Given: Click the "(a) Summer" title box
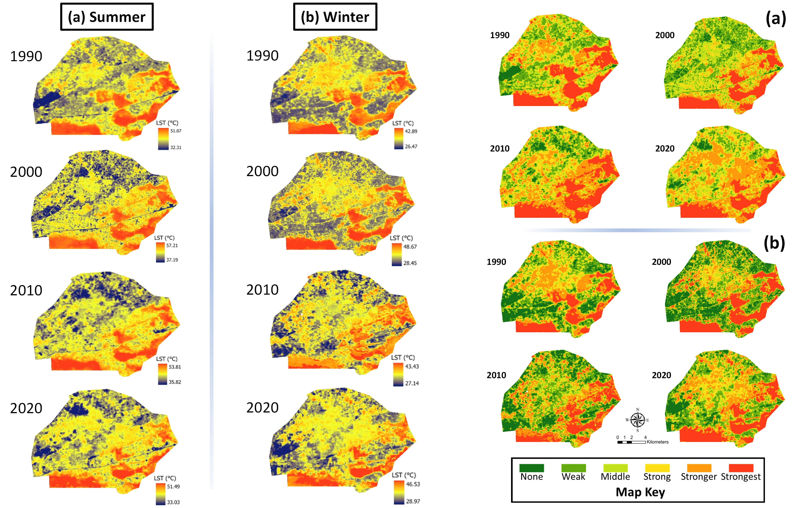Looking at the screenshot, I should pyautogui.click(x=107, y=17).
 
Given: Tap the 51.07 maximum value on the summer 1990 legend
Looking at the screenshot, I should pyautogui.click(x=176, y=131).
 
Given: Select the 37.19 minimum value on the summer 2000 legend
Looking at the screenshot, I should pyautogui.click(x=172, y=260).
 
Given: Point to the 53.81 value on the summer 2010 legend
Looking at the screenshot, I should pyautogui.click(x=175, y=367).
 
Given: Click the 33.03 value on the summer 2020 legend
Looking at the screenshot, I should pyautogui.click(x=173, y=502).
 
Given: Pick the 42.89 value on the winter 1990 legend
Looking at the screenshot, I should pyautogui.click(x=411, y=131).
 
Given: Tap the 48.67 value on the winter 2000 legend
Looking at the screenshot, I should pyautogui.click(x=410, y=247).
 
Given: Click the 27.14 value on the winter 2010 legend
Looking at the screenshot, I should pyautogui.click(x=412, y=383).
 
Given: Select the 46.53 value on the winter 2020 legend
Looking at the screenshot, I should pyautogui.click(x=413, y=484).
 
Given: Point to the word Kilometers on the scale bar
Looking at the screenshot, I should pyautogui.click(x=657, y=442).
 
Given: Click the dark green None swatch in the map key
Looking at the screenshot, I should pyautogui.click(x=531, y=468).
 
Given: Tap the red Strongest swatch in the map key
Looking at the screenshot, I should pyautogui.click(x=741, y=468).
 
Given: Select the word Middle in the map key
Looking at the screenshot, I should pyautogui.click(x=615, y=477).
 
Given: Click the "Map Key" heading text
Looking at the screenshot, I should pyautogui.click(x=640, y=492).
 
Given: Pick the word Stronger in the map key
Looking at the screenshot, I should pyautogui.click(x=699, y=477).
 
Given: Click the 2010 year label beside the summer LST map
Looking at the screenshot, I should pyautogui.click(x=26, y=290).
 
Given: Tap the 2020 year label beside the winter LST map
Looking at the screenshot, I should pyautogui.click(x=262, y=408).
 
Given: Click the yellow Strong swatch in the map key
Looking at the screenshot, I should pyautogui.click(x=657, y=468).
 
